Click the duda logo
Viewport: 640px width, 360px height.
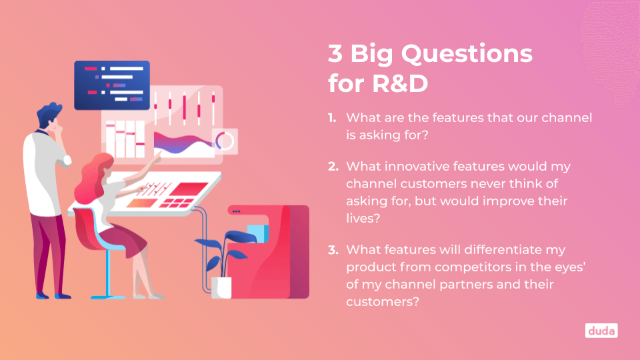(x=601, y=331)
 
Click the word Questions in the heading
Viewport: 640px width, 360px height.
(x=467, y=54)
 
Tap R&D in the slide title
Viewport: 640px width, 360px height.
(x=400, y=83)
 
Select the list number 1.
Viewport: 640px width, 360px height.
(x=332, y=118)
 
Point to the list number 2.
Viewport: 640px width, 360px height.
(x=333, y=167)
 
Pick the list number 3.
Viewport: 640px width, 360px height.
(x=333, y=250)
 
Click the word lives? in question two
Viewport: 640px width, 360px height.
(x=363, y=218)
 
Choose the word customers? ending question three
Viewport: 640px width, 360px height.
(x=383, y=302)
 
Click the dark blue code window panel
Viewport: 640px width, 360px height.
(x=112, y=85)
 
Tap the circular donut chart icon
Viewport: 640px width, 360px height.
(x=225, y=141)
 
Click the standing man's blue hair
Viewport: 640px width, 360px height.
(x=49, y=113)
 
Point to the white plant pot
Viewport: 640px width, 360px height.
(x=221, y=287)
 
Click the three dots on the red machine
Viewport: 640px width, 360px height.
(x=236, y=211)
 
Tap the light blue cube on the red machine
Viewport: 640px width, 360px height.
(x=257, y=233)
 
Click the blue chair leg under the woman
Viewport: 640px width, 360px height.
(x=108, y=274)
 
